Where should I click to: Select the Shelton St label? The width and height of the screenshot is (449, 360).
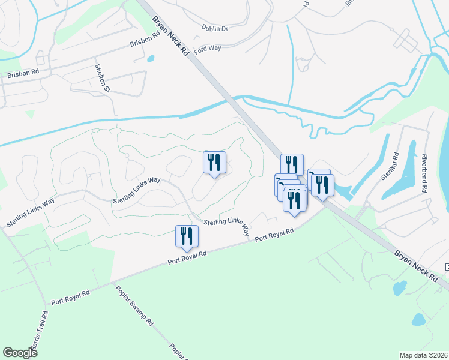tap(100, 79)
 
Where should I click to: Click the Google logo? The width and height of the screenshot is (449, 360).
tap(20, 353)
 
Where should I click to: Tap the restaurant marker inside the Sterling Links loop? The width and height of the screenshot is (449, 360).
tap(214, 163)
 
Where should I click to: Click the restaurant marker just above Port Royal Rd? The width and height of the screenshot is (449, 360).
tap(187, 236)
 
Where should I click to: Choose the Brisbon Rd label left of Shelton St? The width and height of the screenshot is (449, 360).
tap(23, 74)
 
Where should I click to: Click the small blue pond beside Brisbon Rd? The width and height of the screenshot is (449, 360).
tap(149, 59)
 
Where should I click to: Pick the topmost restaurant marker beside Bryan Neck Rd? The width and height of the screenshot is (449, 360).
tap(292, 164)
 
